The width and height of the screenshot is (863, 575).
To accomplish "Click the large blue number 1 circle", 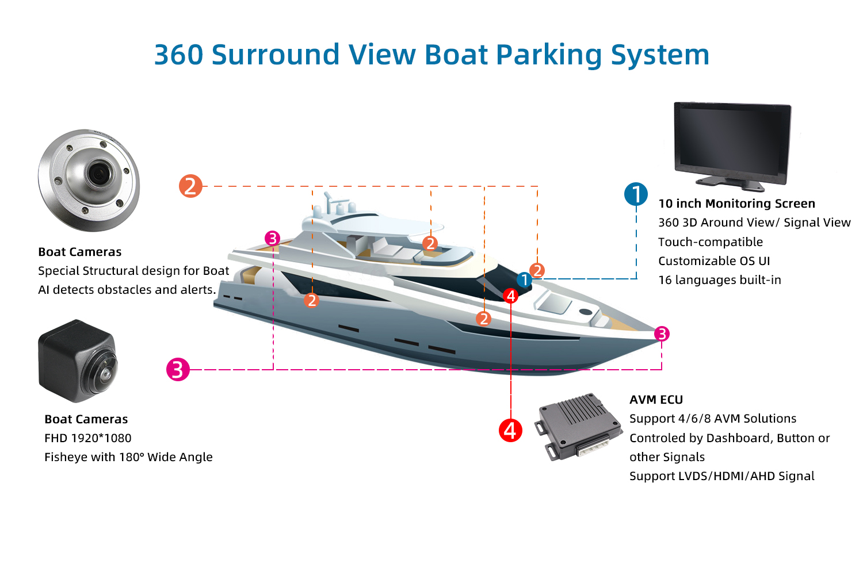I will click(636, 194).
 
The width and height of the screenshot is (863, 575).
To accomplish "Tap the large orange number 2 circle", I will click(190, 186).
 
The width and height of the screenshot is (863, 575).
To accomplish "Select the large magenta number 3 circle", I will click(178, 369).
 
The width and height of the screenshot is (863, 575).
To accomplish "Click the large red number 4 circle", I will click(510, 430).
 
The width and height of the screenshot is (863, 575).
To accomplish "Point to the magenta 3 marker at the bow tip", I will click(662, 333).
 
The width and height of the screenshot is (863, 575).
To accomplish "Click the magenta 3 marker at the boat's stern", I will click(272, 238).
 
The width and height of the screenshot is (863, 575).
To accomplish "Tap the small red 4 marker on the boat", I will click(510, 296).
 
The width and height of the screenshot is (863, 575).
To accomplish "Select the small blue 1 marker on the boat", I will click(524, 280).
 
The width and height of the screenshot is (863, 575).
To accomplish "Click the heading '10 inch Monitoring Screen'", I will click(736, 204).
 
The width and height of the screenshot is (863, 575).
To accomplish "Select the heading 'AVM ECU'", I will click(656, 400).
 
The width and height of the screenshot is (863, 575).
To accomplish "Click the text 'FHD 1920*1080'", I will click(88, 438).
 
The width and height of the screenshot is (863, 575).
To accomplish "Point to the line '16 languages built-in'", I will click(719, 280).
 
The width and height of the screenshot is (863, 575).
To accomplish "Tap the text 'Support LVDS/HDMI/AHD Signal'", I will click(721, 476).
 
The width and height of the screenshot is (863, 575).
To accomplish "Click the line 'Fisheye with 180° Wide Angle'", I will click(128, 457).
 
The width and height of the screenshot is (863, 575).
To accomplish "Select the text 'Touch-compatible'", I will click(711, 242).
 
